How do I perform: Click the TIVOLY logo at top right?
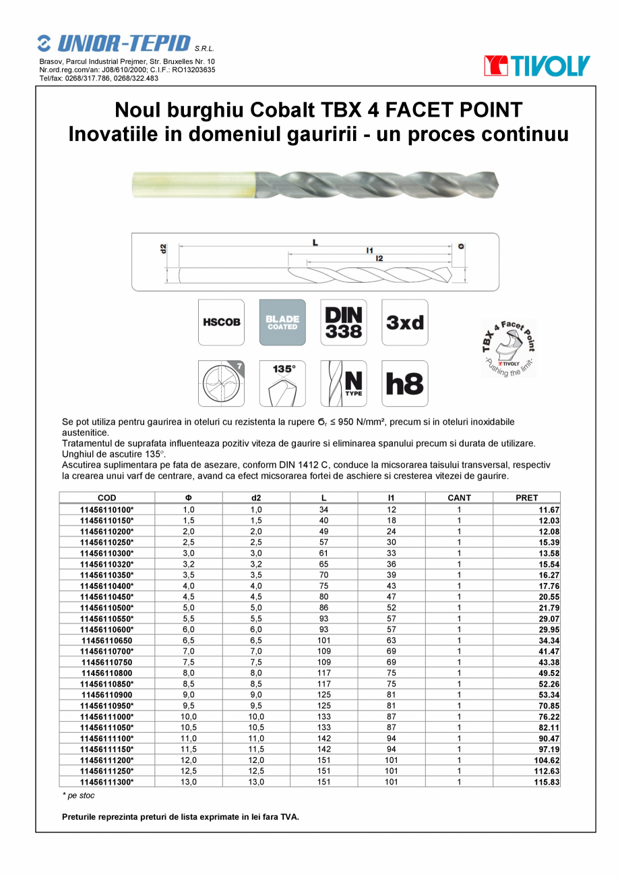coord(536,66)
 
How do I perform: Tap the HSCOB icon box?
coord(221,322)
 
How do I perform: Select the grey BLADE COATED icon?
coord(282,322)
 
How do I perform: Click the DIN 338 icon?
coord(344,322)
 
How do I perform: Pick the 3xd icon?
coord(404,322)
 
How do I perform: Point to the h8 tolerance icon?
coord(404,383)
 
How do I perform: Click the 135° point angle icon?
coord(282,383)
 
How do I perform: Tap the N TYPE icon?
coord(344,383)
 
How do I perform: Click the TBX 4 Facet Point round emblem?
coord(508,349)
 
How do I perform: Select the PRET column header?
coord(526,498)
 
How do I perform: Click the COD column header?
coord(107,498)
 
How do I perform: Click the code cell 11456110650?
coord(107,640)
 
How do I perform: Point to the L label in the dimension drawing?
coord(315,242)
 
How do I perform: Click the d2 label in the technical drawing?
coord(163,248)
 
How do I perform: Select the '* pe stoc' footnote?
coord(78,796)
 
